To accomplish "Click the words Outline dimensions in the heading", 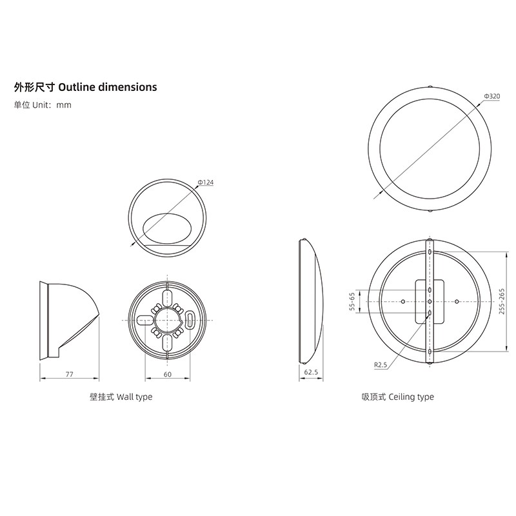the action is (x=107, y=87).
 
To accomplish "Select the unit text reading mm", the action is (x=64, y=105).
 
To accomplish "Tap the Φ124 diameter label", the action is (x=206, y=183).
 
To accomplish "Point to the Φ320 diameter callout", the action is (x=492, y=96).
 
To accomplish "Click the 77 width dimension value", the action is (x=70, y=374).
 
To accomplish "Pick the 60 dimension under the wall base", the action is (x=168, y=374).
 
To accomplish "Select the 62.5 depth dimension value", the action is (x=311, y=372).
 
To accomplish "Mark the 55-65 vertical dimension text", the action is (x=352, y=301).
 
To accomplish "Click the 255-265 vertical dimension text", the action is (x=502, y=301).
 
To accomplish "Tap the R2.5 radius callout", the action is (x=381, y=364).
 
